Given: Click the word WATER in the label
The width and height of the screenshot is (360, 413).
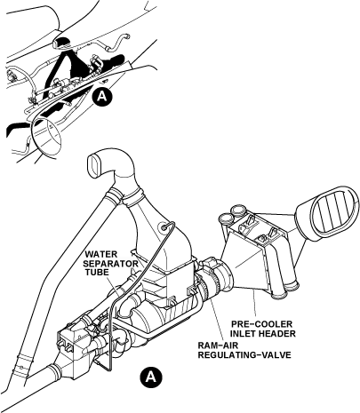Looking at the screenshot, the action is tap(101, 254).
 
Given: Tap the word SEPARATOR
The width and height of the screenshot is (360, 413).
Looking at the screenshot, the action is tap(110, 264).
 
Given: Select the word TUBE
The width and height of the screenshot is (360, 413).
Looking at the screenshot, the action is tap(98, 273).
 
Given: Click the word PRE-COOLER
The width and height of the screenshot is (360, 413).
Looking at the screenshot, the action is tap(261, 324).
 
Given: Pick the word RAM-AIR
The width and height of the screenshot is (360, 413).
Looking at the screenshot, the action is tap(218, 345).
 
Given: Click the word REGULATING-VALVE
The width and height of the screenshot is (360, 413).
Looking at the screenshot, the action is tap(244, 354).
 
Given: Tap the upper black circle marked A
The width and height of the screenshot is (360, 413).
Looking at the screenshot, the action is tap(102, 97).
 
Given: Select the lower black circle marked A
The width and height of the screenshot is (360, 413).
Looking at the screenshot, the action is tap(151, 377).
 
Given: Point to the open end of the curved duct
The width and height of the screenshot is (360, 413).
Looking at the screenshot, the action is tap(95, 165).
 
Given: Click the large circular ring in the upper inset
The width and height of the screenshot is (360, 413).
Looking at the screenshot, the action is tap(47, 137).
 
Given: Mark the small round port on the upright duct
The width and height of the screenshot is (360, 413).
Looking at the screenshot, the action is tap(163, 227).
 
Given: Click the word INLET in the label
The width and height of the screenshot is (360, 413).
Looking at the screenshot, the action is tap(243, 334).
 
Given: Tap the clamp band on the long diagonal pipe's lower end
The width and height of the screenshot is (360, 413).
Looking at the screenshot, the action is tap(20, 362).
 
